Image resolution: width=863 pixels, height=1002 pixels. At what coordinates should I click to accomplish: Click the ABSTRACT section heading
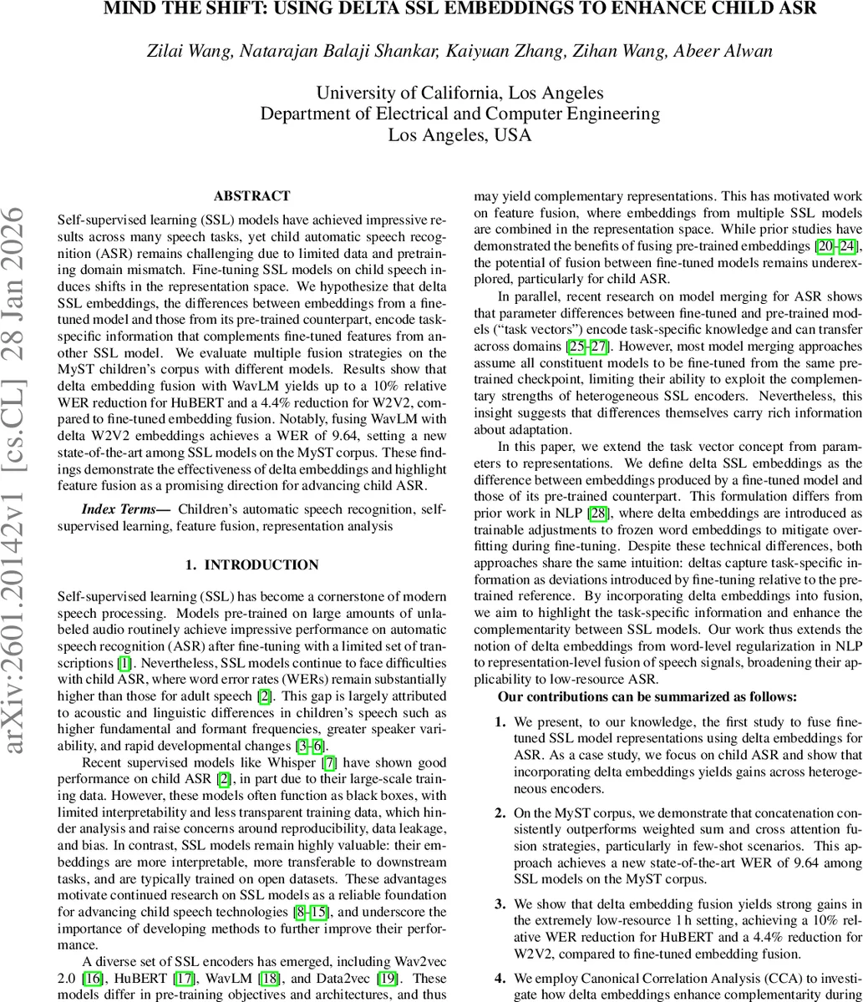pos(251,196)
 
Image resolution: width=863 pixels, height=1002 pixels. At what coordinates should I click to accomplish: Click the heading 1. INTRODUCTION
pos(251,565)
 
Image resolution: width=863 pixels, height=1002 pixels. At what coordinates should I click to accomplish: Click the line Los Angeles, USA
pos(459,134)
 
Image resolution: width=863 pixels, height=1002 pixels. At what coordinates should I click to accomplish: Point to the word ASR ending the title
pos(797,9)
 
